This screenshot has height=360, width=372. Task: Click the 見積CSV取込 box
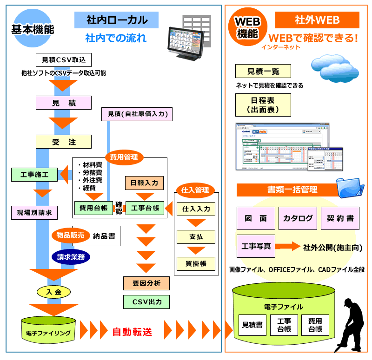tap(64, 59)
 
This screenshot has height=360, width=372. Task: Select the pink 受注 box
tap(64, 142)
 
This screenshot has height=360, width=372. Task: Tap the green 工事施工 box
tap(35, 175)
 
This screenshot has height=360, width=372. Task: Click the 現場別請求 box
tap(35, 213)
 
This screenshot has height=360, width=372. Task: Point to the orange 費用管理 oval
tap(124, 157)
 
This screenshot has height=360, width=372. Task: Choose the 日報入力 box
tap(145, 183)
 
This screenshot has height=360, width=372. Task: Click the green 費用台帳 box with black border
tap(94, 208)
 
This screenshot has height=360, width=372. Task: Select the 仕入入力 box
tap(196, 209)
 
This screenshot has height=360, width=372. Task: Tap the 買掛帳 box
tap(196, 264)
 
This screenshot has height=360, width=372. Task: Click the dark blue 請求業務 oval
tap(71, 256)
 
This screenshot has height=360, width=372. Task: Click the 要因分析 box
tap(146, 283)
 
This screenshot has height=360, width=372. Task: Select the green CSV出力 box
tap(146, 302)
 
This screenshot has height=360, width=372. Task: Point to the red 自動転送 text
tap(132, 332)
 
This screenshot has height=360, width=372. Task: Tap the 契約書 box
tap(340, 218)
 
